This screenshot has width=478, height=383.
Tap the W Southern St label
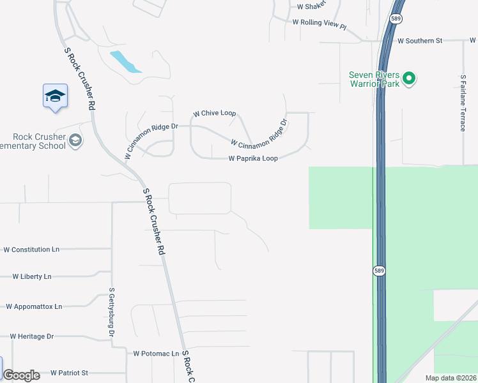(x=420, y=41)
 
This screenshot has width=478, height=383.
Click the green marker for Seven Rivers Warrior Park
(x=411, y=80)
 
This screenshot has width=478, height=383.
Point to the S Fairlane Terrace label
(x=463, y=102)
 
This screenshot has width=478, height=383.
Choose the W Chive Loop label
(x=214, y=114)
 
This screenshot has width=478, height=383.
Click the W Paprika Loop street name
(x=253, y=158)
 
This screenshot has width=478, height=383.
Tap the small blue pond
(x=126, y=61)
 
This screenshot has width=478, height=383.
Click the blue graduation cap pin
(x=55, y=96)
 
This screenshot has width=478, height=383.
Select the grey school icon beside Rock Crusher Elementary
(x=75, y=140)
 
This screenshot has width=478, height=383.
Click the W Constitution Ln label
(x=31, y=250)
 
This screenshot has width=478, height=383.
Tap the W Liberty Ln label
(x=32, y=276)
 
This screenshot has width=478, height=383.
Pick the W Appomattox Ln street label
(x=34, y=306)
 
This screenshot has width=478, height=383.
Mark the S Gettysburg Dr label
(x=111, y=312)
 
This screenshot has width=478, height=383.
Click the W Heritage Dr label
(x=32, y=336)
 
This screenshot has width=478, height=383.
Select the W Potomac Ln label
(x=156, y=353)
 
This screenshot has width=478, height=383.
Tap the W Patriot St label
(x=69, y=372)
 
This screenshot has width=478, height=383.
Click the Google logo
(x=21, y=375)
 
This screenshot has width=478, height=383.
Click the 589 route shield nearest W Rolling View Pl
(x=397, y=19)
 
